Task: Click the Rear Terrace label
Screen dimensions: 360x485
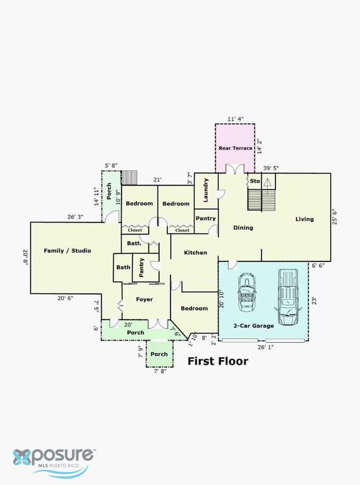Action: [236, 148]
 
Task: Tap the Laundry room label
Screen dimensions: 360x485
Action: [205, 190]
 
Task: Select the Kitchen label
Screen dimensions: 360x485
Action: [195, 253]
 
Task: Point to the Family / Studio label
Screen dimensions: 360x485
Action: [68, 251]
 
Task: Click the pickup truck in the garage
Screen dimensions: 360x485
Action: [288, 297]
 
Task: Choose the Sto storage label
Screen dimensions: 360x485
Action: [255, 181]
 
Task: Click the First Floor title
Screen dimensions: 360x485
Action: [218, 361]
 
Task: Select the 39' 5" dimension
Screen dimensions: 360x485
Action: [271, 168]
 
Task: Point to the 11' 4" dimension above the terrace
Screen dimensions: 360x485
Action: [236, 119]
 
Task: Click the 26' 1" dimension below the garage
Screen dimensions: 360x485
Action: [266, 347]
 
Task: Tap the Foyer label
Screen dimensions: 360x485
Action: [144, 299]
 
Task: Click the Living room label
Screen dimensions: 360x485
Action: [304, 219]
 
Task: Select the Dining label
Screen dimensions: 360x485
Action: [243, 228]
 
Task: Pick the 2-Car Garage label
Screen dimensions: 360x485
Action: [253, 326]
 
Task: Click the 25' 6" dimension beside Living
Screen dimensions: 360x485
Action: [335, 217]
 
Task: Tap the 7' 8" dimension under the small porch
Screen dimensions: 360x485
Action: [160, 371]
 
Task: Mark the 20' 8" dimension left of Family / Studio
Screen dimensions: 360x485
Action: [25, 257]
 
